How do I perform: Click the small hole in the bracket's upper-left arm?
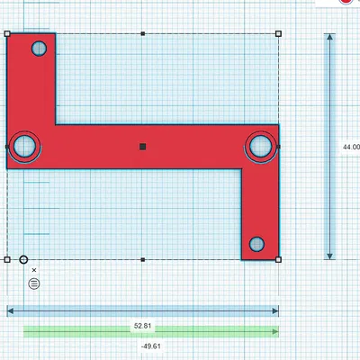pos(40,49)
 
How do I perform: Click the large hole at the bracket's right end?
pos(261,146)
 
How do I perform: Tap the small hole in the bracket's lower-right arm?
pos(256,244)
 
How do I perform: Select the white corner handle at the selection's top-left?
pos(7,34)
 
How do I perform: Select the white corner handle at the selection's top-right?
pos(277,34)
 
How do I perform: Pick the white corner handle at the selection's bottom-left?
pos(7,259)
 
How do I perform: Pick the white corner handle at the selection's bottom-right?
pos(277,259)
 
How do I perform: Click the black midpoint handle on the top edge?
pos(143,34)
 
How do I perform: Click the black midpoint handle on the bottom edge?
pos(143,259)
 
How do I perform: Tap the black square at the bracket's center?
pos(143,146)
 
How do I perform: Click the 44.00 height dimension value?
pos(350,147)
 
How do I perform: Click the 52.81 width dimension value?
pos(142,325)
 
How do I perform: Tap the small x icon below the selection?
pos(34,270)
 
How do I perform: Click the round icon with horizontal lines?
pos(34,283)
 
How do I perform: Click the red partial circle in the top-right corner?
pos(345,3)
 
